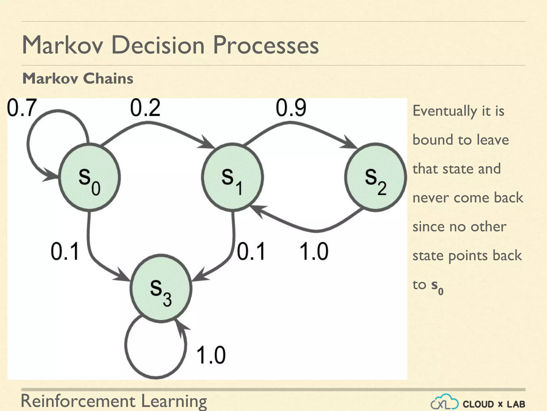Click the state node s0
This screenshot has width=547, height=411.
(x=89, y=177)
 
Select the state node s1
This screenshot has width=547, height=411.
(x=232, y=177)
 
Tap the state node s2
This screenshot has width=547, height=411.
(x=376, y=177)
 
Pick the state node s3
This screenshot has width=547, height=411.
(x=161, y=289)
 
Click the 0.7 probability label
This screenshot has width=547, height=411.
(x=21, y=108)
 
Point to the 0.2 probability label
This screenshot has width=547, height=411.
(x=145, y=108)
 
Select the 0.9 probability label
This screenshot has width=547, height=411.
(x=291, y=108)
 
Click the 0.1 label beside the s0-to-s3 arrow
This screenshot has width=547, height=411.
(x=65, y=252)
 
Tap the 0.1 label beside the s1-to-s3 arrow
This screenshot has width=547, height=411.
(x=251, y=252)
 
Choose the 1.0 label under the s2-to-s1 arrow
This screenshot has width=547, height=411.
(x=314, y=252)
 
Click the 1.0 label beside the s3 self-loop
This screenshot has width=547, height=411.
(x=211, y=355)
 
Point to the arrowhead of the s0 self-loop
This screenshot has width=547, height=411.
(x=51, y=176)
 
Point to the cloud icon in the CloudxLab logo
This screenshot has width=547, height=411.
(x=445, y=402)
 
